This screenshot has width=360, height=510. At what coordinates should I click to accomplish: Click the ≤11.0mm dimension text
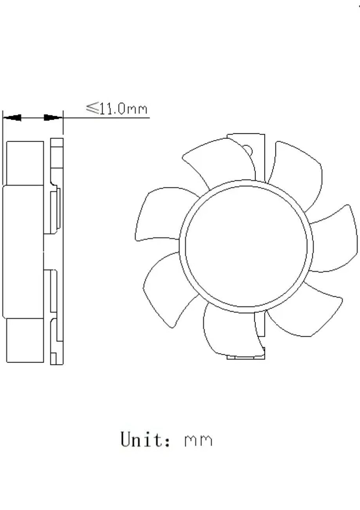tap(117, 108)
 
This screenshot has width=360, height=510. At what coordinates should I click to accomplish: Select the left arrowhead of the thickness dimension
tap(13, 117)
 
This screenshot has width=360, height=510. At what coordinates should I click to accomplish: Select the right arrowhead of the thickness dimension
tap(53, 117)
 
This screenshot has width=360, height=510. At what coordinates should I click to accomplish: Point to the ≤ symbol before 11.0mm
tap(92, 108)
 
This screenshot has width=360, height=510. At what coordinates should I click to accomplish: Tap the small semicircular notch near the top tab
tap(248, 150)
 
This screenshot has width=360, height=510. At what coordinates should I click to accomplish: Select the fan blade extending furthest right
tap(337, 239)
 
